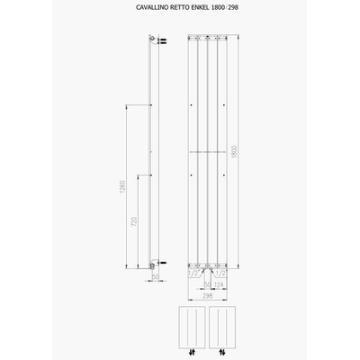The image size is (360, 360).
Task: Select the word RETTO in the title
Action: (176, 10)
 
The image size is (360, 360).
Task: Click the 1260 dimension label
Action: (121, 193)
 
